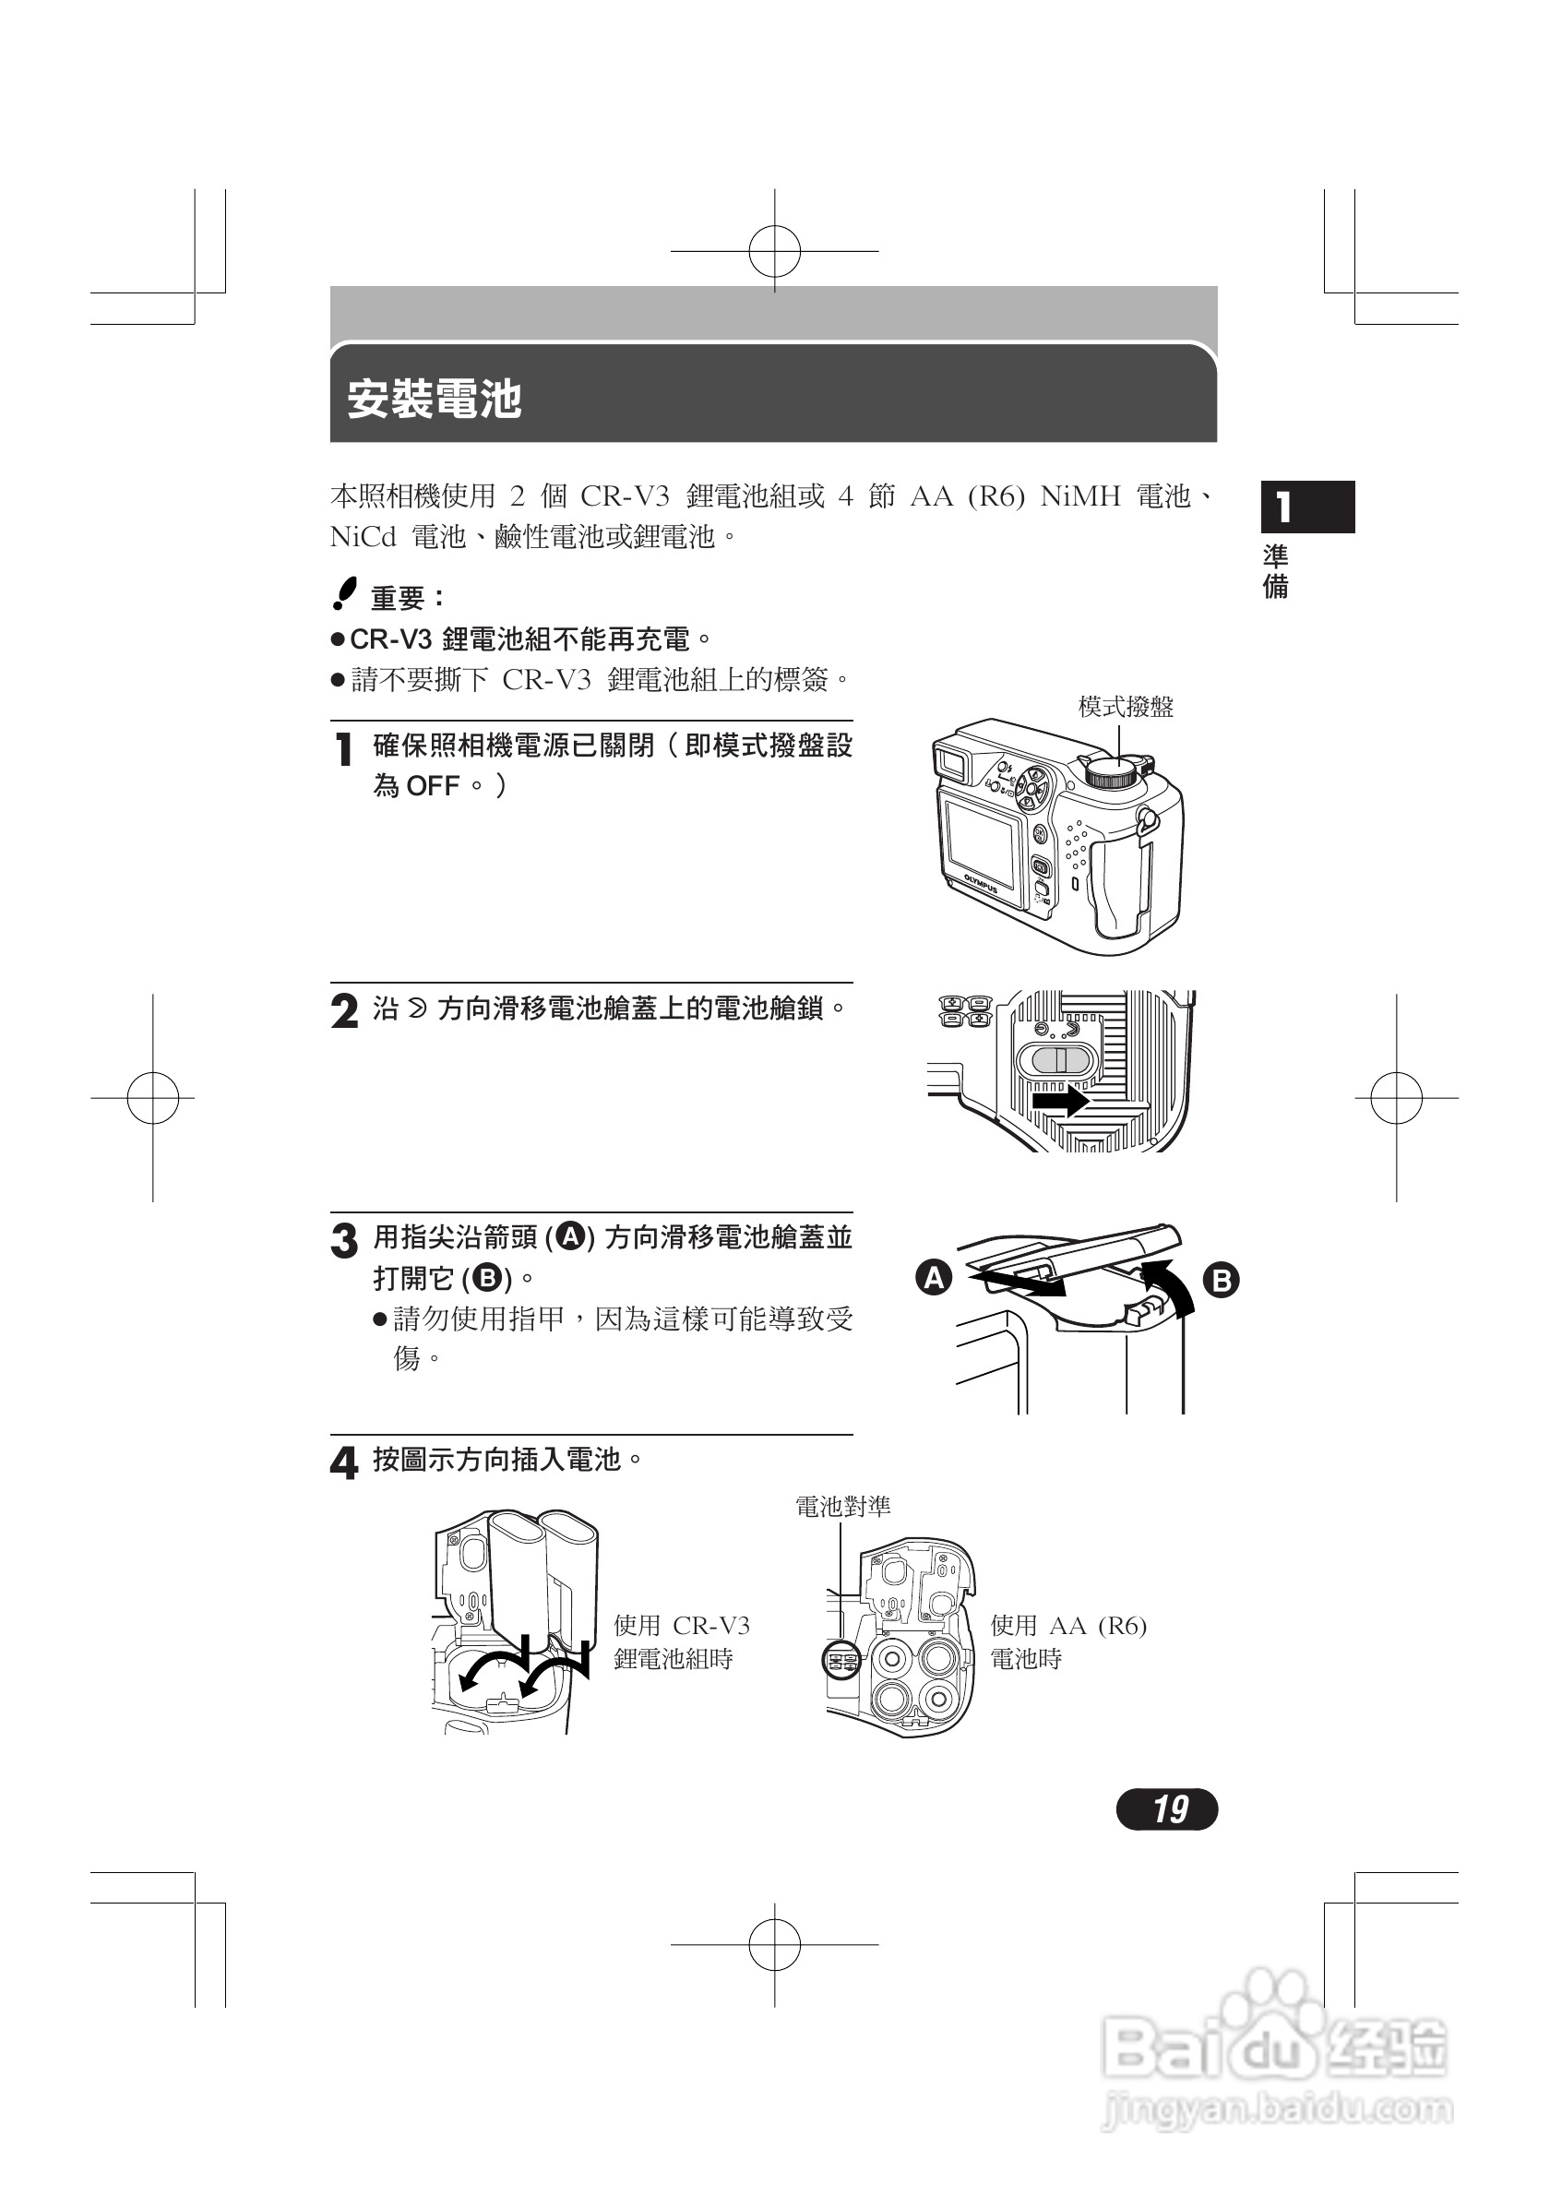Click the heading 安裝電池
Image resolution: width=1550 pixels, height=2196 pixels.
coord(435,399)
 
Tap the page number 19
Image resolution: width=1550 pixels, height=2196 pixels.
coord(1167,1808)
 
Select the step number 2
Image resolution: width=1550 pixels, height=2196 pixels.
coord(344,1011)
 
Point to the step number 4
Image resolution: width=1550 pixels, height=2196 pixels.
coord(343,1462)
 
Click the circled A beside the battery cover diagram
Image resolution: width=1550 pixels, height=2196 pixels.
coord(935,1278)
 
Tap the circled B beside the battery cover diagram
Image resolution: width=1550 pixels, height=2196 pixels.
coord(1221,1280)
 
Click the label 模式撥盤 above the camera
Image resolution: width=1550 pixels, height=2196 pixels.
coord(1126,707)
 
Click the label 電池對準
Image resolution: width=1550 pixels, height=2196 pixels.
coord(842,1507)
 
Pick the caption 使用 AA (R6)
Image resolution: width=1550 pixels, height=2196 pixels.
coord(1068,1625)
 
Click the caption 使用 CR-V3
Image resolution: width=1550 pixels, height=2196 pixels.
coord(682,1625)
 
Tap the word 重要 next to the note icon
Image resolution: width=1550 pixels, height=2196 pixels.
coord(398,599)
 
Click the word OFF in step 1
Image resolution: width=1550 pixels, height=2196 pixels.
coord(432,786)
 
